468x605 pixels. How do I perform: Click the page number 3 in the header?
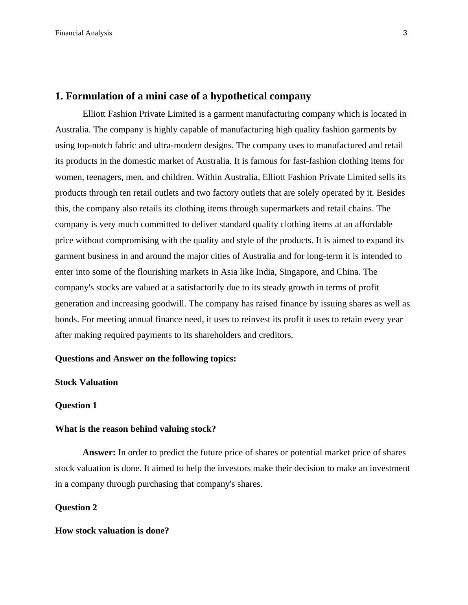405,33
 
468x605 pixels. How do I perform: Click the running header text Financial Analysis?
83,33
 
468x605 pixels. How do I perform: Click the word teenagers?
104,177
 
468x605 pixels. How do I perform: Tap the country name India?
265,272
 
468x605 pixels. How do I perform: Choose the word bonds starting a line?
67,319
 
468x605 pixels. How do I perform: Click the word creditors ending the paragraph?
276,335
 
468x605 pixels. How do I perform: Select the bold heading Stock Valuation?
86,382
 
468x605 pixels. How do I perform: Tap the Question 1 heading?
76,405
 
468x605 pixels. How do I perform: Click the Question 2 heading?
76,508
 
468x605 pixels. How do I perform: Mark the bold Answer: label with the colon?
99,453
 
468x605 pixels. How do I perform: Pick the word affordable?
373,224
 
